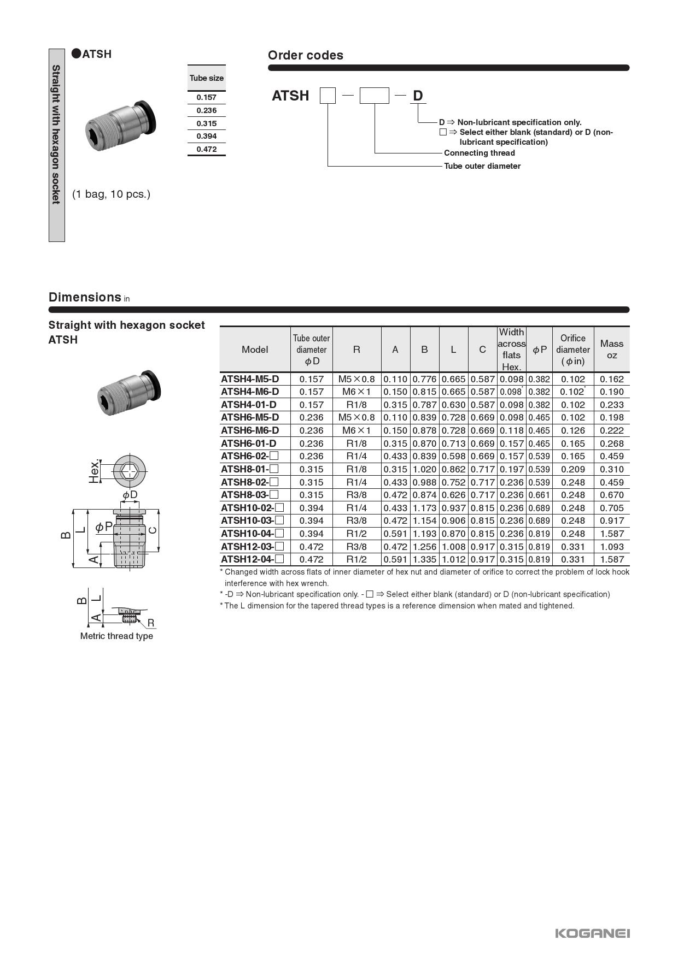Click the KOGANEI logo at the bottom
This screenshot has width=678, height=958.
coord(592,933)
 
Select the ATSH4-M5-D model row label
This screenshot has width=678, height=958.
coord(250,379)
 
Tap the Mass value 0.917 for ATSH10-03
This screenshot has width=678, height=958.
coord(611,521)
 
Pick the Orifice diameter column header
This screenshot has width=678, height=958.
coord(572,350)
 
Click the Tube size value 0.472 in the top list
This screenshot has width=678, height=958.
coord(207,149)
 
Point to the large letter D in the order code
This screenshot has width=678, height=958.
coord(418,96)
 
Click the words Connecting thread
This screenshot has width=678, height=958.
coord(479,153)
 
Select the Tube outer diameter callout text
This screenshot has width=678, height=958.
coord(482,166)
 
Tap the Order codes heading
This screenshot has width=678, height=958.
coord(305,55)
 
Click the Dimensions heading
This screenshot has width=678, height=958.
coord(85,297)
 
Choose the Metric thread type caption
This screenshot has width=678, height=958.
coord(116,636)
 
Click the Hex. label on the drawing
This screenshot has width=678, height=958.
coord(95,471)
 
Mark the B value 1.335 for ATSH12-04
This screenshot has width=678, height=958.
coord(424,559)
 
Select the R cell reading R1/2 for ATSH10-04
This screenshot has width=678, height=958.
coord(356,534)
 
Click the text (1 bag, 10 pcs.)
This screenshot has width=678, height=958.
coord(111,194)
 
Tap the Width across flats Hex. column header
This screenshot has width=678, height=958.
coord(511,350)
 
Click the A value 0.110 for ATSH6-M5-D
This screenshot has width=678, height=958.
coord(395,417)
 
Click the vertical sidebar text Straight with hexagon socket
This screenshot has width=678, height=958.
coord(56,134)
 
